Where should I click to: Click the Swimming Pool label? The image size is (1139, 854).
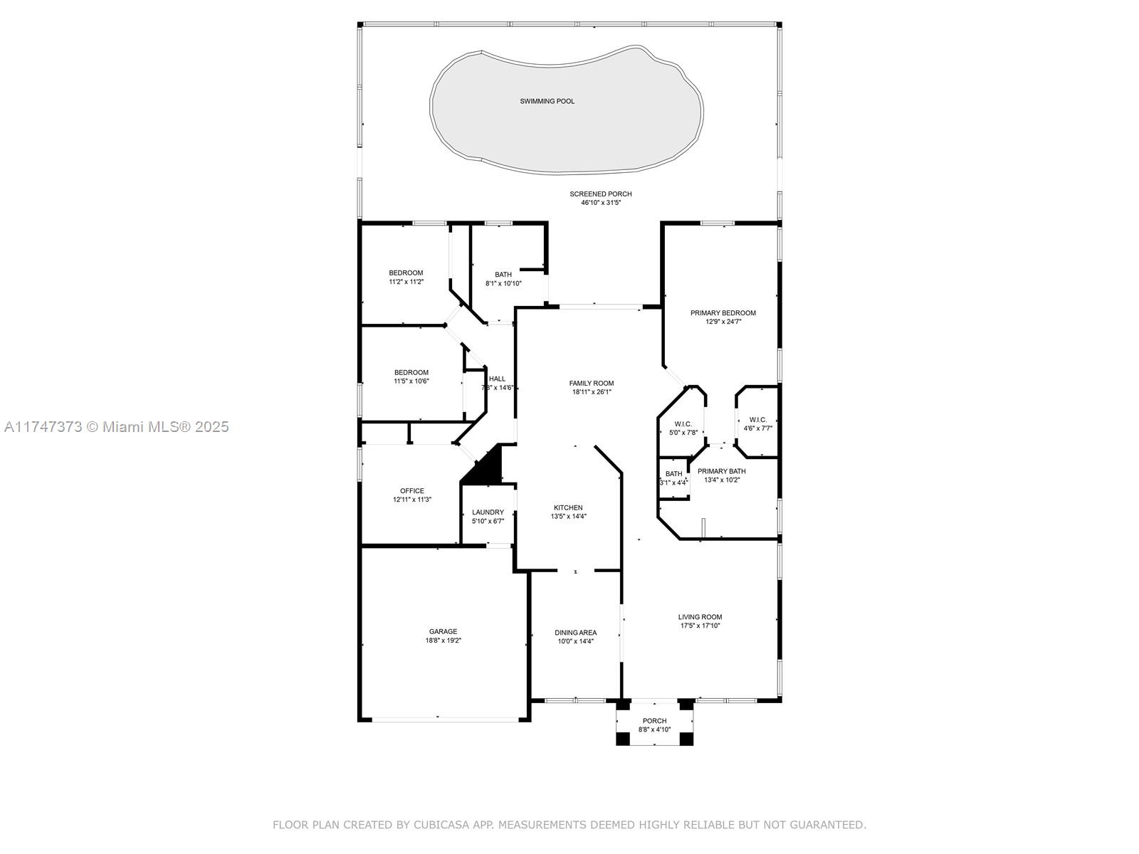tap(547, 101)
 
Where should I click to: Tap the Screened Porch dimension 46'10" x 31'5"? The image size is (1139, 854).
tap(600, 203)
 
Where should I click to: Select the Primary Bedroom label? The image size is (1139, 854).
tap(723, 312)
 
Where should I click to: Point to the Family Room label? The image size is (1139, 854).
tap(591, 383)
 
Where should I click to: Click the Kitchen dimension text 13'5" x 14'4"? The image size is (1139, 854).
tap(568, 517)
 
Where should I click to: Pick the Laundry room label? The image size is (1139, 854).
tap(488, 512)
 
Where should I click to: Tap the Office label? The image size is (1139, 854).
tap(412, 490)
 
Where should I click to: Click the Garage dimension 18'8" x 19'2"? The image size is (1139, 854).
tap(443, 640)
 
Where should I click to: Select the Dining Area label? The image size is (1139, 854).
tap(575, 633)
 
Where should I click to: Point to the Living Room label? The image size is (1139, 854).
tap(700, 617)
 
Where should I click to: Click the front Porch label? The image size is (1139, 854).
tap(654, 721)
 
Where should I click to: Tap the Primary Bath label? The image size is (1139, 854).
tap(721, 471)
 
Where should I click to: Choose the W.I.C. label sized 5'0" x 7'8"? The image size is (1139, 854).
tap(683, 423)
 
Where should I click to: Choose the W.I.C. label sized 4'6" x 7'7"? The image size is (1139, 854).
tap(757, 419)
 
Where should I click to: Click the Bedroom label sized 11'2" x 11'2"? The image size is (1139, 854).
tap(406, 273)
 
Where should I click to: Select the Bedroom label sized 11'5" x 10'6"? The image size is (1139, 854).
tap(411, 372)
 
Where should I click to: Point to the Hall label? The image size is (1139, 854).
tap(497, 379)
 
